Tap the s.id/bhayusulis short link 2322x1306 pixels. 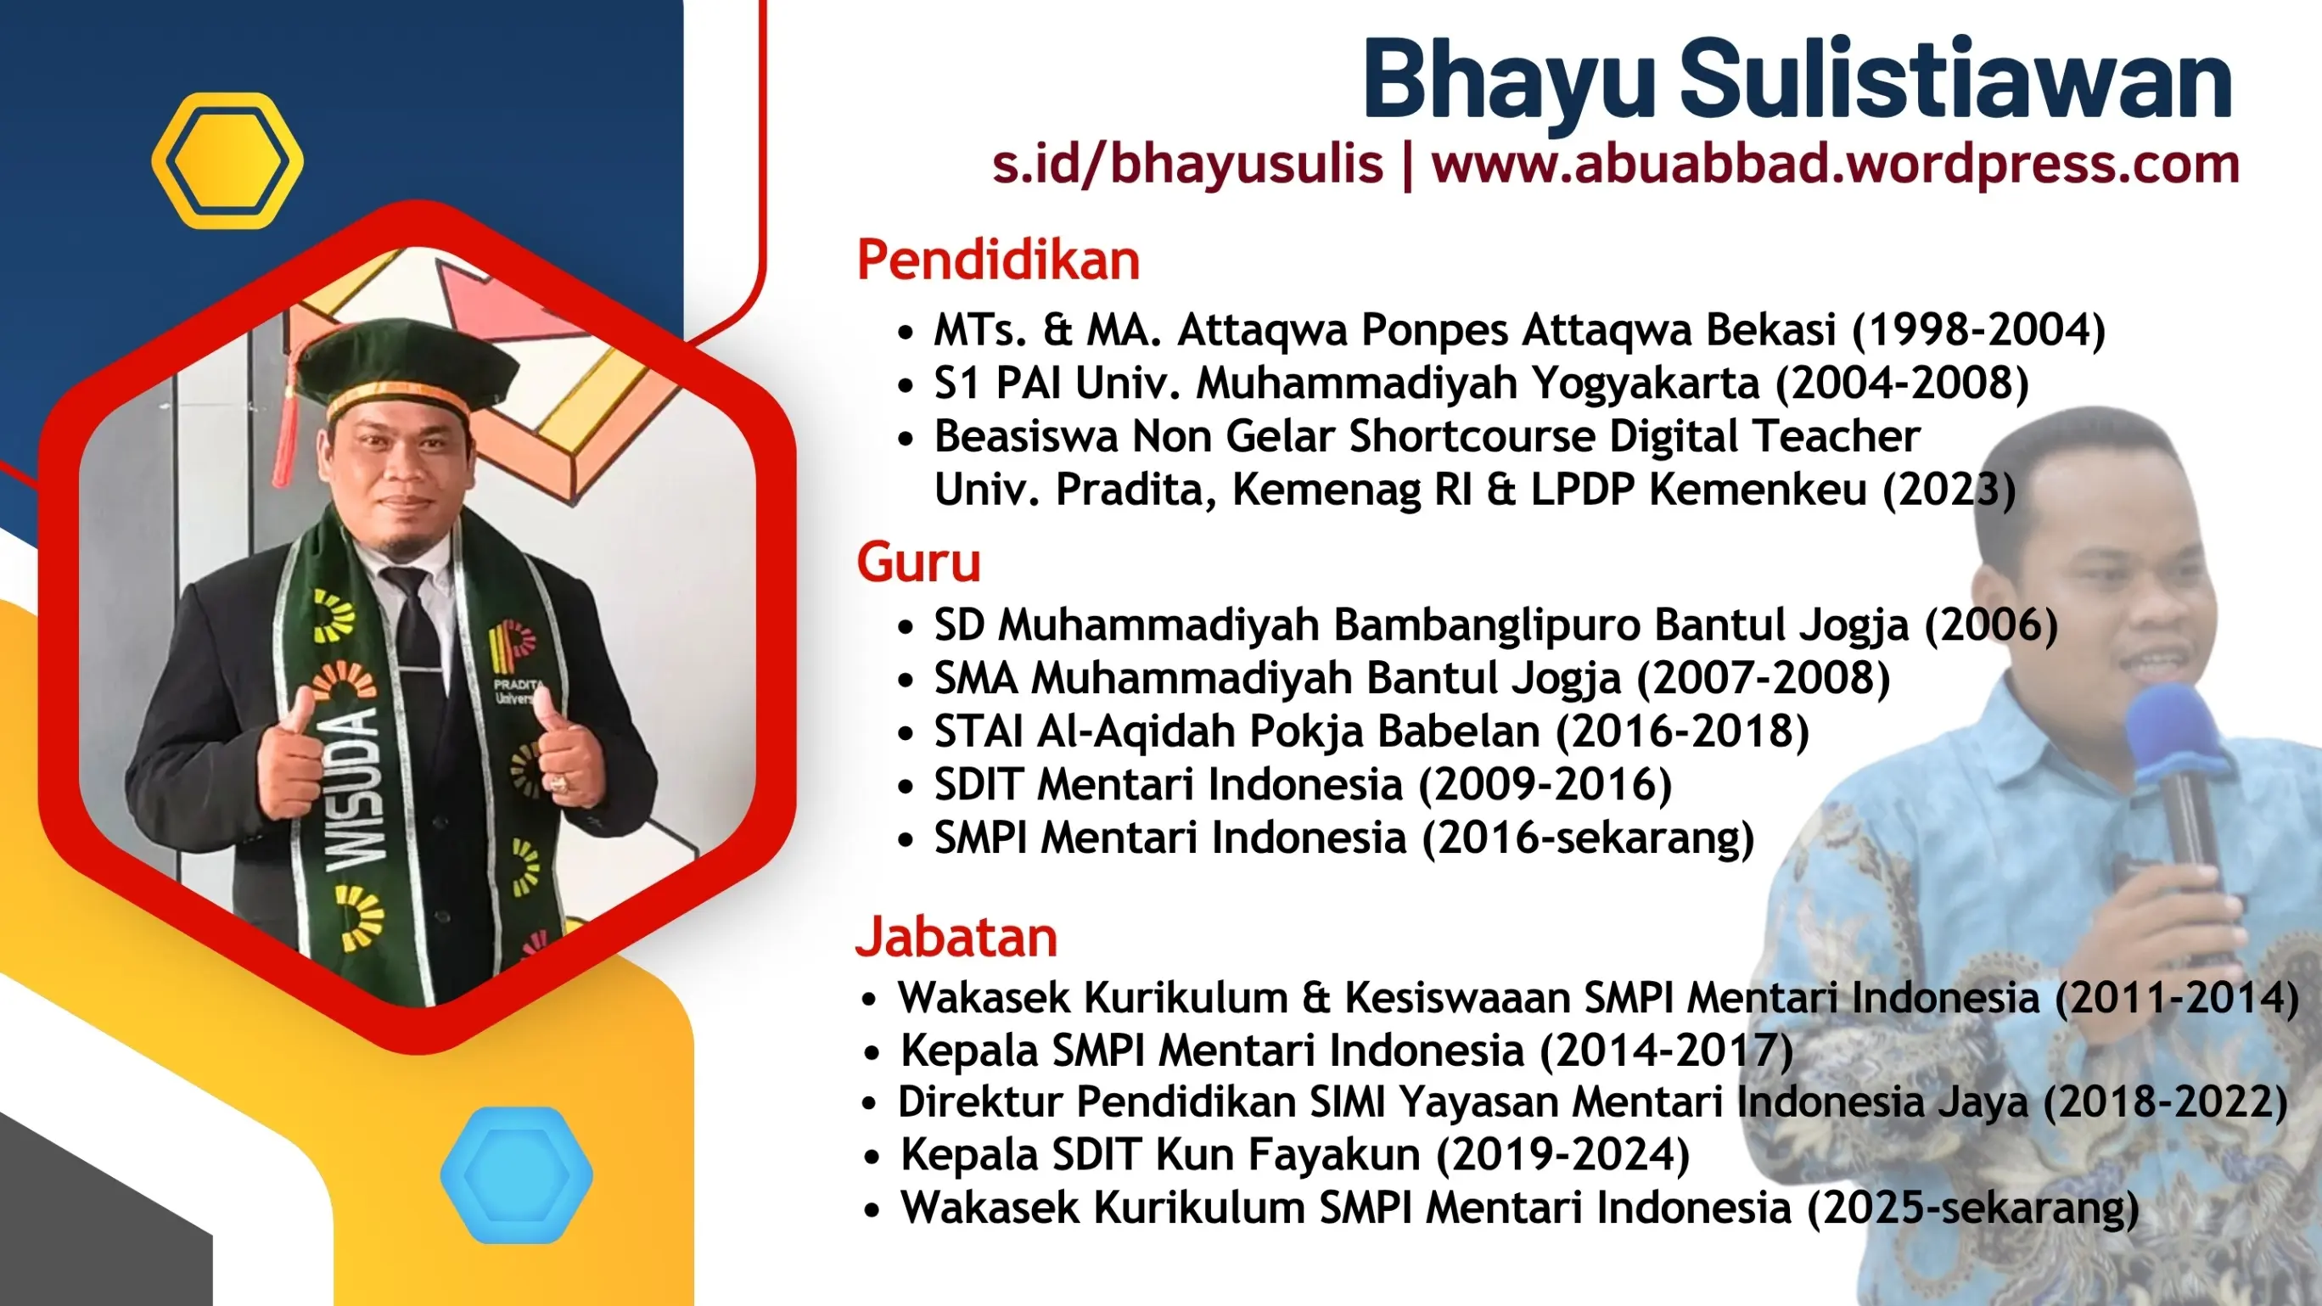[x=1187, y=165]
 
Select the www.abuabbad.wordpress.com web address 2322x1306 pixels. [x=1835, y=165]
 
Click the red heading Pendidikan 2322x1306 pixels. [x=998, y=261]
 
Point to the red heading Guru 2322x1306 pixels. [x=918, y=563]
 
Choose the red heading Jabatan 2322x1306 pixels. [x=956, y=938]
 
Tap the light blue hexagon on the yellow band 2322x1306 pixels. [x=517, y=1174]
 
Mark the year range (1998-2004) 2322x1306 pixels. [x=1978, y=330]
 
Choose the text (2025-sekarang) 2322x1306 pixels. [x=1973, y=1208]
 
